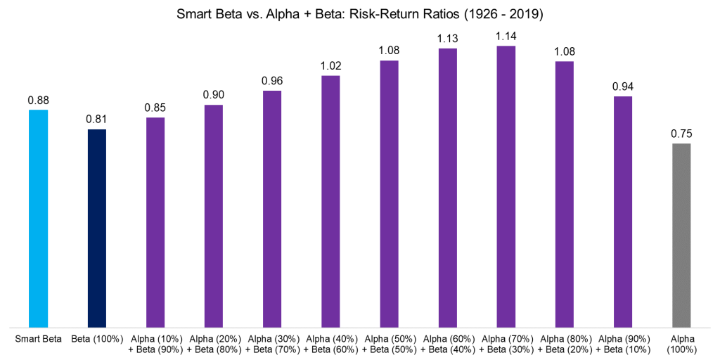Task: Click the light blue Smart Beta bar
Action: [39, 218]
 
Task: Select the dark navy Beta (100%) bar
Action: [97, 228]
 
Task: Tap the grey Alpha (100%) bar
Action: [681, 235]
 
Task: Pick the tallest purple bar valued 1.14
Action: [506, 186]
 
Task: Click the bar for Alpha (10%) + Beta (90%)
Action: [155, 222]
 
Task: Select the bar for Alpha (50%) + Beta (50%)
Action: [390, 193]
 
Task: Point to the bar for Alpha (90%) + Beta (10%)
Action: [623, 212]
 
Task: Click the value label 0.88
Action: [39, 101]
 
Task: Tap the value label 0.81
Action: [97, 120]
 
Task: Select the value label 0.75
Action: [681, 134]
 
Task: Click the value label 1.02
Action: [331, 65]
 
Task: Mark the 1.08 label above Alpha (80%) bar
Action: [565, 51]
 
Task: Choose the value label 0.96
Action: [272, 81]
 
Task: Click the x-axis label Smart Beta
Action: [39, 339]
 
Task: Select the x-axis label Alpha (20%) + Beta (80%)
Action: [214, 344]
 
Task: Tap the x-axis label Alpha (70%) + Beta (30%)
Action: [506, 344]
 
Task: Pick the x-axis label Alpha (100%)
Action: [681, 344]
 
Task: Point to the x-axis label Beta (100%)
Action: [97, 339]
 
